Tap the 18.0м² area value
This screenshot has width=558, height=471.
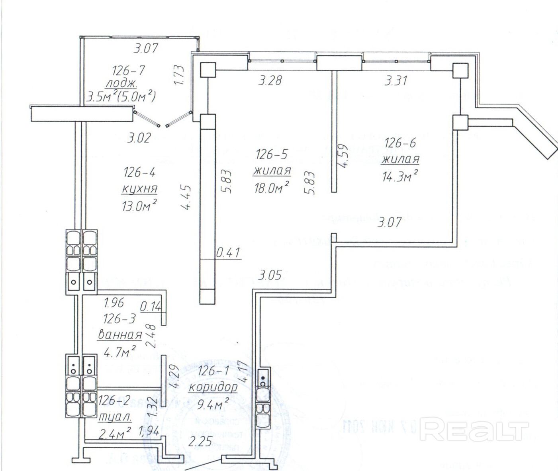271,187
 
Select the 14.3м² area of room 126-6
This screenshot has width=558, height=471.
400,176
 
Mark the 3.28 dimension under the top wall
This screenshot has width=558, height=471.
270,80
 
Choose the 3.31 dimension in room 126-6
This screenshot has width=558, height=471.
396,81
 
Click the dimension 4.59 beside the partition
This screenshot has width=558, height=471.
344,156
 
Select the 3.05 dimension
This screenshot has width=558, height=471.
270,275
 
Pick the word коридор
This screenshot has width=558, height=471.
213,387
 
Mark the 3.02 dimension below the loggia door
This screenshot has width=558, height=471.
139,138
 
